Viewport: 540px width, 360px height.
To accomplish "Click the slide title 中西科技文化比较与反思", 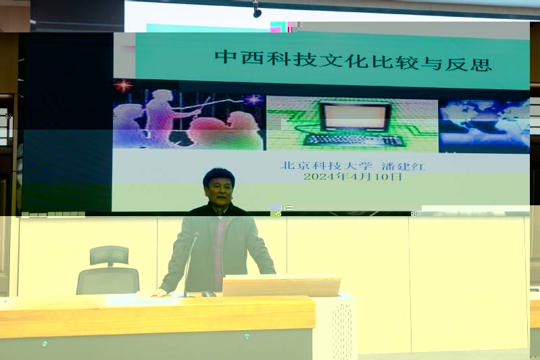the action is tap(353, 61).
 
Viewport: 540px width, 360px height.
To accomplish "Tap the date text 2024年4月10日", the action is tap(353, 177).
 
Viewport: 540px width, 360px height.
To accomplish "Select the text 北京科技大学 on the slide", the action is tap(326, 165).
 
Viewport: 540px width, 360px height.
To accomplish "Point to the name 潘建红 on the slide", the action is tap(403, 166).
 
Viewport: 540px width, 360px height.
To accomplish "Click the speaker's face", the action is tap(219, 191).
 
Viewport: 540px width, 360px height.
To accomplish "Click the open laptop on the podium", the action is tap(281, 285).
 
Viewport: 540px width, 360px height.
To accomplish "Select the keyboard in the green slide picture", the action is tap(353, 140).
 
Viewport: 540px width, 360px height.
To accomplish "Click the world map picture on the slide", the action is tap(484, 126).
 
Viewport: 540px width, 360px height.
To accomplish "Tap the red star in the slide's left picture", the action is tap(123, 85).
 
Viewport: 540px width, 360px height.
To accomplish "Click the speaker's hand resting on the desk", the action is tap(159, 293).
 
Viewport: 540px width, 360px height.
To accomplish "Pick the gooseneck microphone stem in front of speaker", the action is tap(190, 263).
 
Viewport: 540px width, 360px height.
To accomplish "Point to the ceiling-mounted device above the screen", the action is tap(257, 9).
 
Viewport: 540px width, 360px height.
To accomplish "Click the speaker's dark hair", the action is tap(219, 176).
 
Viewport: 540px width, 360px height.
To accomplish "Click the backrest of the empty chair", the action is tap(107, 280).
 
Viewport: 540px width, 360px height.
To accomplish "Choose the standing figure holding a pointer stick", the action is tap(161, 116).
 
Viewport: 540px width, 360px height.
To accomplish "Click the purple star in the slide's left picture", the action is tap(253, 99).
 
